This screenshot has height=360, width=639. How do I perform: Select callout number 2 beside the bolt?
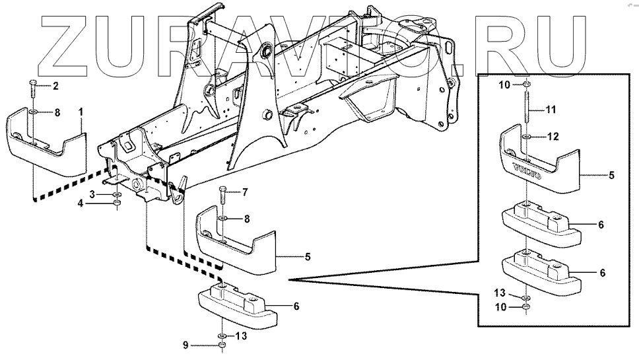point(55,86)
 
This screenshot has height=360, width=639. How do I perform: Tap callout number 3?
point(92,193)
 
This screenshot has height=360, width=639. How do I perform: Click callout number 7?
point(245,192)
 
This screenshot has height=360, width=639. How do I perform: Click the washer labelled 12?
point(526,138)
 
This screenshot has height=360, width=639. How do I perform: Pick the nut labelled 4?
point(116,204)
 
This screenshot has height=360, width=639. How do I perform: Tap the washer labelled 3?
point(116,194)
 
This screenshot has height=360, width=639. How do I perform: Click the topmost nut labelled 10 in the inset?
point(526,85)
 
